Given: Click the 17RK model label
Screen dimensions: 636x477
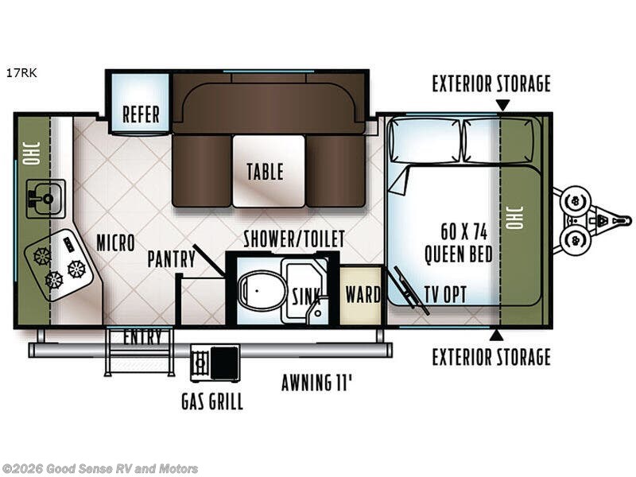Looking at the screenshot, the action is click(21, 73).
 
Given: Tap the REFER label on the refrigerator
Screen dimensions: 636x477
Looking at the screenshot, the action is click(141, 114).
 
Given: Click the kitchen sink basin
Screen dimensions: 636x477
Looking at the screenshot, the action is click(46, 198).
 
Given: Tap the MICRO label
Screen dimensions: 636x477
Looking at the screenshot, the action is click(115, 243).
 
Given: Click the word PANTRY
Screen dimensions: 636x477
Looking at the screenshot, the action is click(172, 259).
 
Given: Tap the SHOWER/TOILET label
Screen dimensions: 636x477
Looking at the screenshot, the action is click(294, 238).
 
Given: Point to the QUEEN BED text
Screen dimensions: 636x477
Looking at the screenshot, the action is click(459, 254).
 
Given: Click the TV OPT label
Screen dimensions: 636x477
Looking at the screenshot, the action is click(445, 294).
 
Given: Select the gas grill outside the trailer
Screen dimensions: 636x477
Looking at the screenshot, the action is click(215, 363).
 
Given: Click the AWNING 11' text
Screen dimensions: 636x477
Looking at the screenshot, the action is click(316, 382).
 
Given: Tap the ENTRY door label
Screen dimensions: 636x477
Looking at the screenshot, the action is click(142, 336).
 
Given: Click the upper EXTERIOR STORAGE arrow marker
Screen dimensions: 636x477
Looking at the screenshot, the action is click(502, 106).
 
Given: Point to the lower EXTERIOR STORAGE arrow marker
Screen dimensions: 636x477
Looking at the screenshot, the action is click(496, 335).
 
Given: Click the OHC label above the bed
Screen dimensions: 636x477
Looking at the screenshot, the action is click(514, 217).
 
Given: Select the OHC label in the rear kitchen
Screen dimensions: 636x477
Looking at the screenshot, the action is click(31, 153).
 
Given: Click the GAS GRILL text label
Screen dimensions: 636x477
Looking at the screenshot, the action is click(212, 401).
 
